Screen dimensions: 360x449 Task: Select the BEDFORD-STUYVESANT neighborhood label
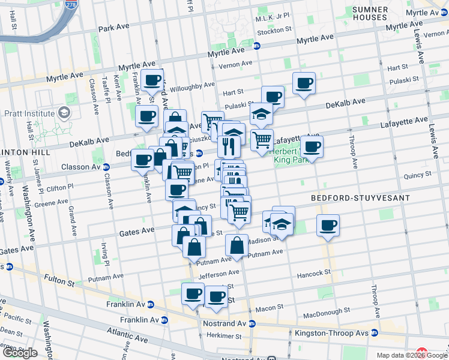pos(360,197)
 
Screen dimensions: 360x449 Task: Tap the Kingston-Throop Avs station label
pos(333,332)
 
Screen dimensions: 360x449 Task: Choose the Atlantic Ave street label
pos(127,335)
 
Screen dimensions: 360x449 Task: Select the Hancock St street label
pos(315,272)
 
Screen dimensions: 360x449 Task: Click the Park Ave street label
pos(115,28)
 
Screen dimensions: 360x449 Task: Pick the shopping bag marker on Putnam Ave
pos(237,245)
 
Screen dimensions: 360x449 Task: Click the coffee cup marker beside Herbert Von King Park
pos(312,146)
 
